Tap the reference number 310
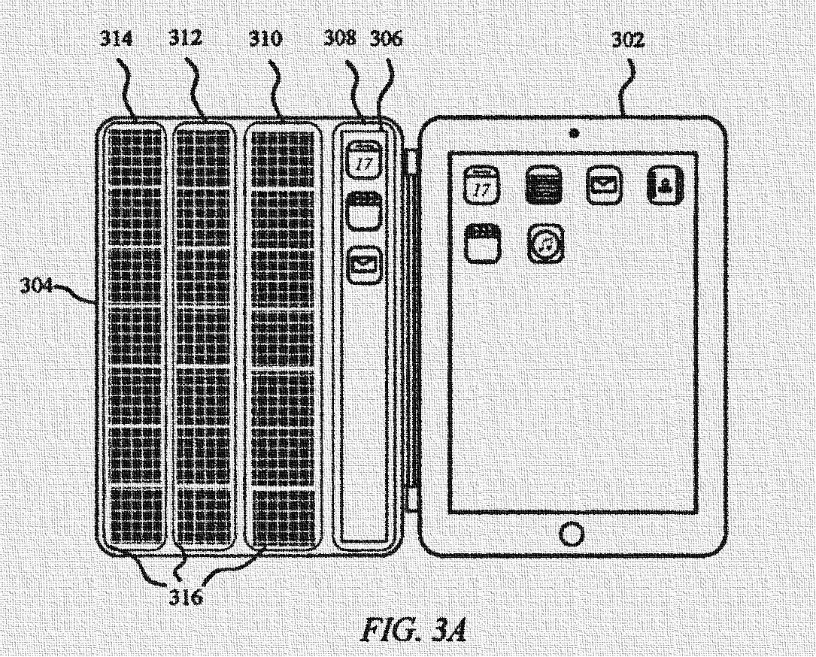[x=265, y=40]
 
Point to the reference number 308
[x=340, y=40]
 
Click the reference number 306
[x=386, y=40]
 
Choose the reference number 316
[x=184, y=598]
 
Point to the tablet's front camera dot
[x=574, y=133]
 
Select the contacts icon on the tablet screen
[x=665, y=185]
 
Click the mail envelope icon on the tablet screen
[x=604, y=185]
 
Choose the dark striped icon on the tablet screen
[x=543, y=185]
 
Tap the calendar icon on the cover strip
[x=363, y=159]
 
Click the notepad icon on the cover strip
[x=363, y=212]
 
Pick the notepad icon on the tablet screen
[x=481, y=243]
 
